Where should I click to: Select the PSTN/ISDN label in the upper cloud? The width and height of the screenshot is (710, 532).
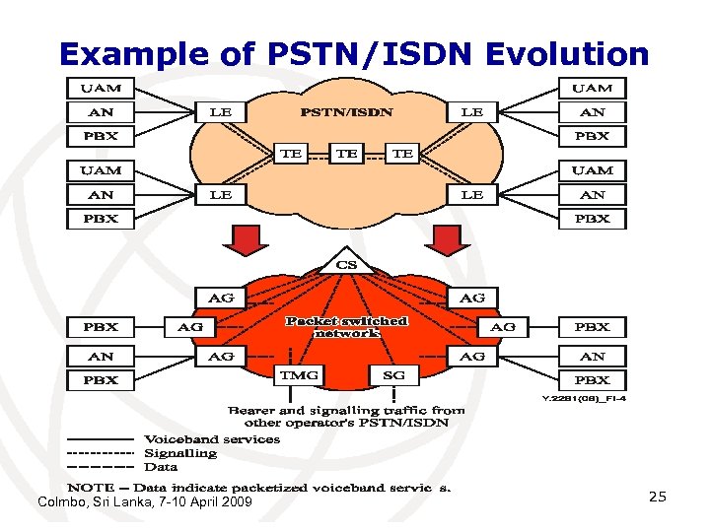click(346, 112)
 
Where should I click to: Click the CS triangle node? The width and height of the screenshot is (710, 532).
click(347, 264)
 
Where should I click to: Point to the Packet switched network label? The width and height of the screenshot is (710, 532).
click(346, 327)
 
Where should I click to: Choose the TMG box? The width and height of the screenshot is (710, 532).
click(298, 375)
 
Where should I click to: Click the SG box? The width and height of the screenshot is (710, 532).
click(393, 375)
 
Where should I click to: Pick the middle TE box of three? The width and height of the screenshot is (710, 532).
click(346, 153)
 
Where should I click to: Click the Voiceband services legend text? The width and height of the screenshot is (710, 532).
click(212, 439)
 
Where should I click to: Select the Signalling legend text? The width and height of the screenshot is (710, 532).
click(180, 453)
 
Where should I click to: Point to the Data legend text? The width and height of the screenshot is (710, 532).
click(162, 467)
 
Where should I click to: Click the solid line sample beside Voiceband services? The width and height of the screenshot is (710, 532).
click(100, 439)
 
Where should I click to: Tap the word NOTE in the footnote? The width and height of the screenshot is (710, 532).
click(89, 489)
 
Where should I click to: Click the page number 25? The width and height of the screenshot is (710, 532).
click(657, 497)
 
